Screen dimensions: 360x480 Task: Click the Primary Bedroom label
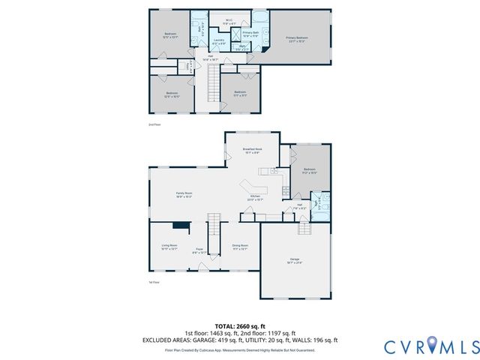coord(296,37)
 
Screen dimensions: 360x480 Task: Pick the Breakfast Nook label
coord(252,151)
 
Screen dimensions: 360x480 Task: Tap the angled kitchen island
coord(253,185)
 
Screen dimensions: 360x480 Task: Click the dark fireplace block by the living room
coord(180,224)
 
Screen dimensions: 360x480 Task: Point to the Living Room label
coord(169,247)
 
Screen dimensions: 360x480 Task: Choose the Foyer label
coord(199,250)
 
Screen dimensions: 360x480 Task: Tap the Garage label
coord(295,262)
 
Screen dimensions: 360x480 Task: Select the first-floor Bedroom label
coord(310,171)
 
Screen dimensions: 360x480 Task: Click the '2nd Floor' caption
coord(154,124)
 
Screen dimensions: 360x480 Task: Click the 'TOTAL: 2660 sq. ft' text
coord(240,325)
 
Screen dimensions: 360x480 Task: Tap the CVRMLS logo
coord(431,346)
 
